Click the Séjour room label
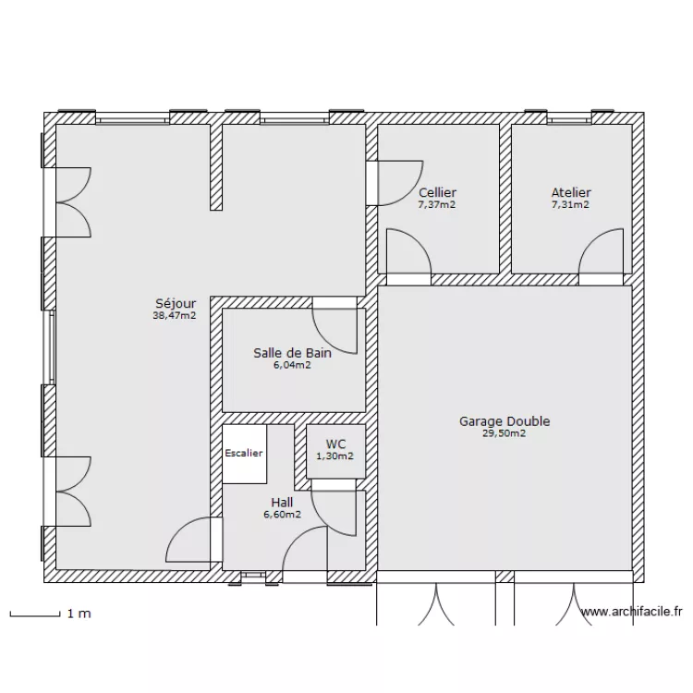[x=176, y=304]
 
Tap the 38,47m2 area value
[x=175, y=316]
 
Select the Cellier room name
[x=437, y=193]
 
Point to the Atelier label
[x=571, y=193]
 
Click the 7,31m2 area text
[x=571, y=204]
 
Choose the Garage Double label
[x=505, y=421]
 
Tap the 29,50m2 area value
[x=505, y=433]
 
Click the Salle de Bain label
[x=292, y=353]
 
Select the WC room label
[x=336, y=444]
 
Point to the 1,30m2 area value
[x=335, y=456]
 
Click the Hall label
[x=282, y=503]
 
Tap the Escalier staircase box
[x=245, y=454]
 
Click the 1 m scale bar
[x=35, y=614]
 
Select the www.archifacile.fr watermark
[x=632, y=612]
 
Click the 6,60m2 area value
[x=283, y=515]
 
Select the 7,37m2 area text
[x=437, y=204]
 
